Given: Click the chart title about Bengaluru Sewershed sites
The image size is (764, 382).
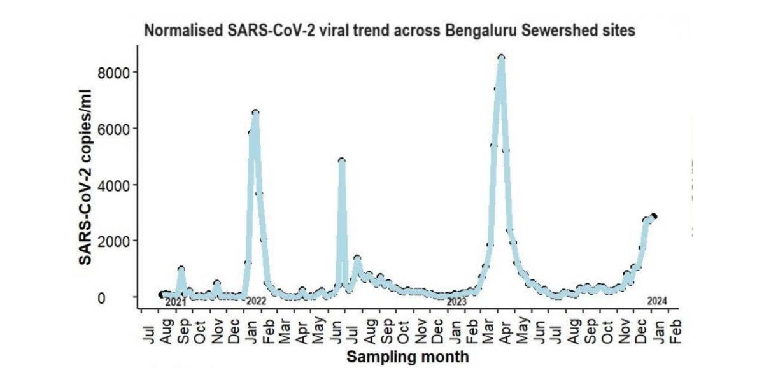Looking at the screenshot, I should (x=390, y=31).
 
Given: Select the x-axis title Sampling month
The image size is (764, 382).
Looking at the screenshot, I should (x=407, y=357).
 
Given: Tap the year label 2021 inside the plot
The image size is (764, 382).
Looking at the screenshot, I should (x=175, y=302).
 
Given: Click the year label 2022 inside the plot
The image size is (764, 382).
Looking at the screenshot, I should (x=255, y=301).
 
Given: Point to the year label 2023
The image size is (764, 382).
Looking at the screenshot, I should (x=456, y=301).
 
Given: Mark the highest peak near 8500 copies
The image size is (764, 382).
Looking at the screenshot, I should (x=502, y=58).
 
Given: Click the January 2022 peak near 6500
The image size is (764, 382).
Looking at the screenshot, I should (x=255, y=113).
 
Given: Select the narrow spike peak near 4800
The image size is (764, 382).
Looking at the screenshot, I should (x=342, y=161).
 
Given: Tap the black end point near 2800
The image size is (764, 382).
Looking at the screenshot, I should (x=653, y=217).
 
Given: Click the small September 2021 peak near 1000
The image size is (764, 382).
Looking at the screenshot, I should (x=181, y=269).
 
